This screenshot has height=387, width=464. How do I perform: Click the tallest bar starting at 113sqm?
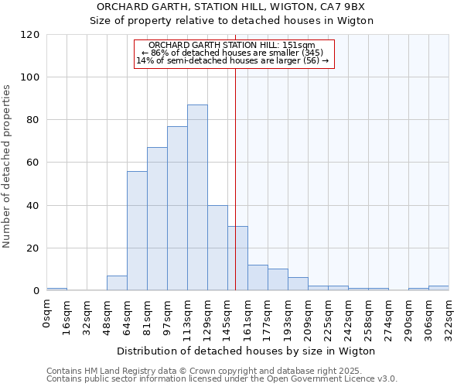pyautogui.click(x=197, y=197)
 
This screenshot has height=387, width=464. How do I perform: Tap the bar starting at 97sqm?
pyautogui.click(x=177, y=208)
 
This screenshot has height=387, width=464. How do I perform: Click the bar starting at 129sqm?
pyautogui.click(x=217, y=248)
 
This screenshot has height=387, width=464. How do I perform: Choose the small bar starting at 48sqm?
pyautogui.click(x=117, y=283)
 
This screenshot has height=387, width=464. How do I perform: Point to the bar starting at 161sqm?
pyautogui.click(x=258, y=278)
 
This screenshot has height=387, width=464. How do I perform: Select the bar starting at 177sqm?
pyautogui.click(x=278, y=279)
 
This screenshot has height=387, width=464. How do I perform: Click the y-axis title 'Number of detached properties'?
pyautogui.click(x=8, y=166)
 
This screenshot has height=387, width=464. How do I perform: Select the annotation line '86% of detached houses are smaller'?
pyautogui.click(x=232, y=53)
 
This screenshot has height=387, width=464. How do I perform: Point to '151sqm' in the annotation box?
pyautogui.click(x=299, y=45)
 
